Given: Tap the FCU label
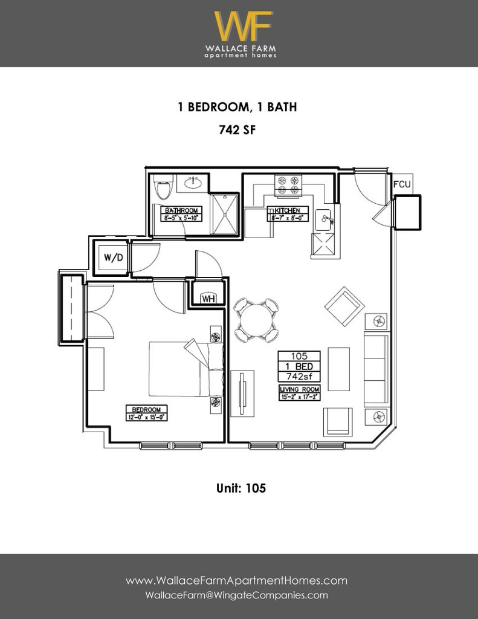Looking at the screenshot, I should pos(402,184).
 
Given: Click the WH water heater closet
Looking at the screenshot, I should pos(208,298).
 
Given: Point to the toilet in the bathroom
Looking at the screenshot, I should pos(163,188).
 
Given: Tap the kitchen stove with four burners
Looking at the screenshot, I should pos(288,186).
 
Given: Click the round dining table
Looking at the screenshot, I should pos(257,320).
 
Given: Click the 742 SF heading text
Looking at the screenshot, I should pos(236,129).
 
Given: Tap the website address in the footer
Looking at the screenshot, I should pos(237,581).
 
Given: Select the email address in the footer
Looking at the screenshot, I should pos(237,595).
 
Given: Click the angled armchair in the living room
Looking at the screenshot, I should pos(344,306).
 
